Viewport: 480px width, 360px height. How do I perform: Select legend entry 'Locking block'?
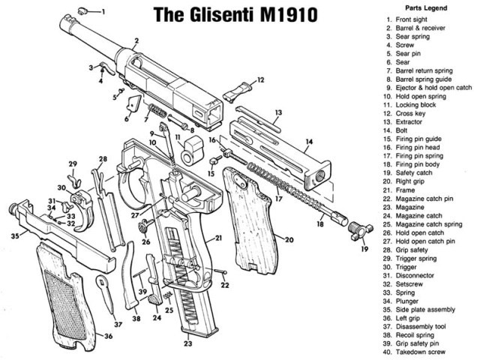[410, 103]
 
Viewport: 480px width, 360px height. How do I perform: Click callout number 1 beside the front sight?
[103, 12]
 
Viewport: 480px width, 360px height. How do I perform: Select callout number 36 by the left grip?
[108, 335]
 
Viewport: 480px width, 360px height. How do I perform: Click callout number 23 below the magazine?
[188, 344]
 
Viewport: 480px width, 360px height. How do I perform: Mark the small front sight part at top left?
[85, 10]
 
